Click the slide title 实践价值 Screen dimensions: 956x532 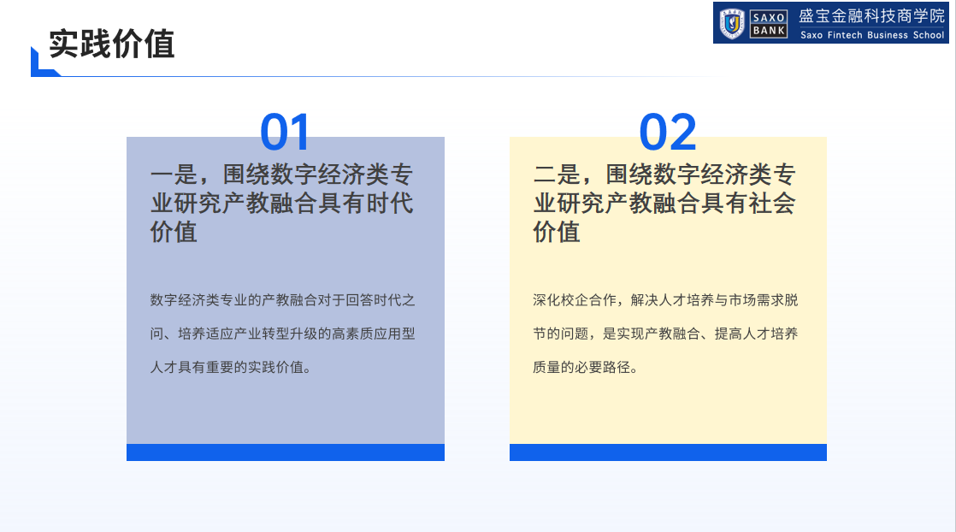point(111,44)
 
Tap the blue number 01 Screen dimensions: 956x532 point(286,132)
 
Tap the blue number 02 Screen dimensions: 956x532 point(668,132)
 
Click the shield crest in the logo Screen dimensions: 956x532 point(732,23)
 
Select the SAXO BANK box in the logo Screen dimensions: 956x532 point(768,24)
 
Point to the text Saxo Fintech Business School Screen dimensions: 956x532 point(872,35)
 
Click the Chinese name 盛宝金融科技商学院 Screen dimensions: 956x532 point(872,16)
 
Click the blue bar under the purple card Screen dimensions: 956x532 point(286,452)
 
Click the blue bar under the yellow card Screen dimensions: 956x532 point(668,452)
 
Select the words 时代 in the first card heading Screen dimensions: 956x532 point(390,204)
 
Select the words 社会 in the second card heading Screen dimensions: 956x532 point(772,204)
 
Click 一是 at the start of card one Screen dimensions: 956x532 point(174,174)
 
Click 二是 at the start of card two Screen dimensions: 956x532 point(557,174)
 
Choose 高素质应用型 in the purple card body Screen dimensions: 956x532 point(373,334)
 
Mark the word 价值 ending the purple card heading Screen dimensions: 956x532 point(174,232)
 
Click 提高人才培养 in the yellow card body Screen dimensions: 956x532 point(756,334)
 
